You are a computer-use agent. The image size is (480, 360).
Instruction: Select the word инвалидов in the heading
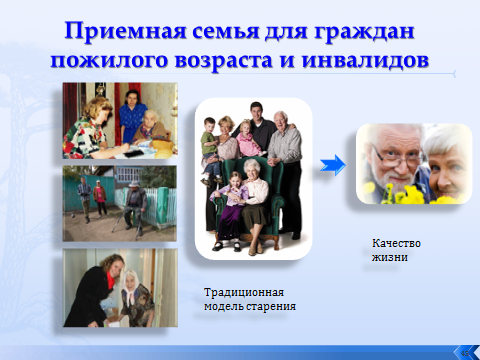coord(365,60)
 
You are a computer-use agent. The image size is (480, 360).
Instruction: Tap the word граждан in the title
coord(364,32)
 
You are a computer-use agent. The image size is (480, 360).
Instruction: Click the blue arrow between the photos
coord(333,165)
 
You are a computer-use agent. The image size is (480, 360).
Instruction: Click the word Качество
coord(396,243)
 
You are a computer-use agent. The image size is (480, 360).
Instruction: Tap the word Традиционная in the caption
coord(244,293)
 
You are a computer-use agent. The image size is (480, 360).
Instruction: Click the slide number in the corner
coord(465,353)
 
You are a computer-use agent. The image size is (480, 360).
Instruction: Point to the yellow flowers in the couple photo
coord(410,195)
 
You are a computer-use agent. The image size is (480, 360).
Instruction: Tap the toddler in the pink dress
coord(247,138)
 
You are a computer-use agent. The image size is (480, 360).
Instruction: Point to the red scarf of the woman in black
coord(111,279)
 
